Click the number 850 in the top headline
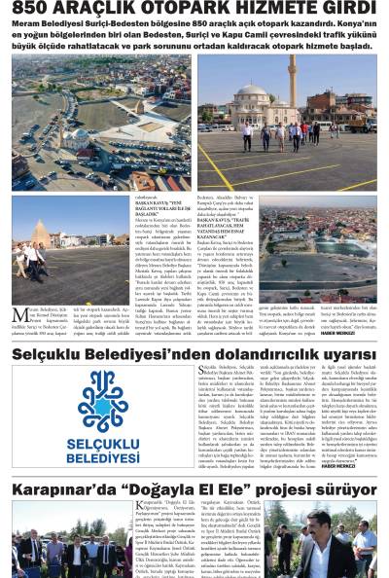[33, 9]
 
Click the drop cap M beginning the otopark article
[19, 313]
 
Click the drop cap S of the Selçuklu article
[201, 371]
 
